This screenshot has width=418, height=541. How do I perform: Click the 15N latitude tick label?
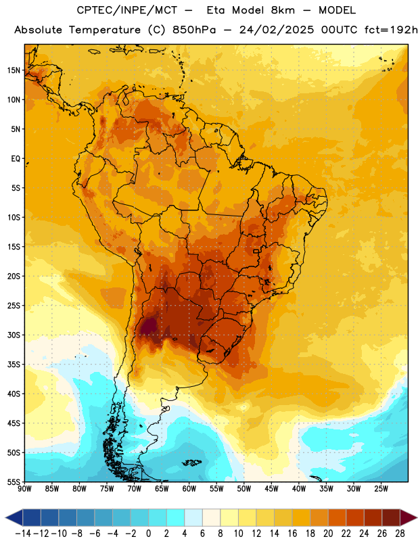(14, 70)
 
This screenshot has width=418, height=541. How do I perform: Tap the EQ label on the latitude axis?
(16, 159)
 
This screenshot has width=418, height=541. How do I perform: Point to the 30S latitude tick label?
(14, 335)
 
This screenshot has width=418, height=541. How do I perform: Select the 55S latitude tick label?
(14, 481)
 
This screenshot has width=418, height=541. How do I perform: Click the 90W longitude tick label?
(25, 489)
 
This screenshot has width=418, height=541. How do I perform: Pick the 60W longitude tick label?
(189, 489)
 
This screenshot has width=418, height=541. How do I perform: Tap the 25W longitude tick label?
(381, 489)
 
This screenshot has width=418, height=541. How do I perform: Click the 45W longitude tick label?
(271, 489)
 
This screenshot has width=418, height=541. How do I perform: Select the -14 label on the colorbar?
(23, 534)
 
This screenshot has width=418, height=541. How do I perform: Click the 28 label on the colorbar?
(400, 534)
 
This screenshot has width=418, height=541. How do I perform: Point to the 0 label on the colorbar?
(148, 534)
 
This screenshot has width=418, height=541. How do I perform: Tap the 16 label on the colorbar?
(292, 534)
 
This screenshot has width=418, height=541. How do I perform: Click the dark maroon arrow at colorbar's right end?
(408, 517)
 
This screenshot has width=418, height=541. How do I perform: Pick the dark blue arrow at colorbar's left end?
(14, 517)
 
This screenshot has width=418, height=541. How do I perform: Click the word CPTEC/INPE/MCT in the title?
(126, 10)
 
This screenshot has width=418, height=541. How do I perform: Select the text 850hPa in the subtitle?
(194, 30)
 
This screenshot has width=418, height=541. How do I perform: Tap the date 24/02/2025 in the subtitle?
(277, 30)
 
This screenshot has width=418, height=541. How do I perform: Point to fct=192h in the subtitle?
(391, 30)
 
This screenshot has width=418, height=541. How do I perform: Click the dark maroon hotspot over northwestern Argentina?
(148, 327)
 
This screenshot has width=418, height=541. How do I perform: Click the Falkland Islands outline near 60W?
(192, 463)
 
